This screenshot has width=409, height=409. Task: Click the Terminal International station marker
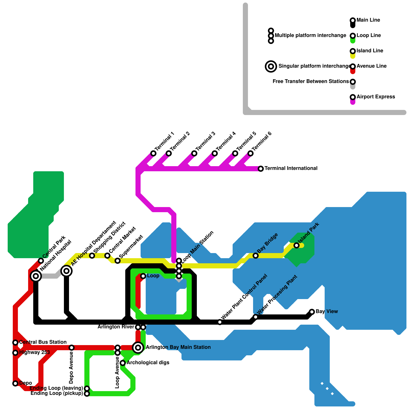[x=261, y=169]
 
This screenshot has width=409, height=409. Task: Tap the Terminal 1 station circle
[x=153, y=153]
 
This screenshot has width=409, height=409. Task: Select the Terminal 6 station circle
[x=251, y=153]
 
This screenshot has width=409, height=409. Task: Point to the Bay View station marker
[x=312, y=312]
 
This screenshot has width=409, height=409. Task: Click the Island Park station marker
[x=297, y=245]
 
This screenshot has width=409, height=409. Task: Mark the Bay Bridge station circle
[x=256, y=256]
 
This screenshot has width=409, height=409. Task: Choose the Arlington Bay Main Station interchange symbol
[x=138, y=348]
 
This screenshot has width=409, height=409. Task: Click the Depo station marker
[x=15, y=383]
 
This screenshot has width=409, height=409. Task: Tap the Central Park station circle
[x=41, y=261]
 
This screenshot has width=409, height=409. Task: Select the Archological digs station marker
[x=123, y=363]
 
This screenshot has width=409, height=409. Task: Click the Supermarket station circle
[x=118, y=261]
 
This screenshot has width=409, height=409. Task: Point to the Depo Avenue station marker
[x=72, y=348]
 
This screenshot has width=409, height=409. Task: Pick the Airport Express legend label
[x=376, y=97]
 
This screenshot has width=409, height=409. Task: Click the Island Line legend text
[x=370, y=51]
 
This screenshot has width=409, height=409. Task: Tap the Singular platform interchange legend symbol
[x=271, y=66]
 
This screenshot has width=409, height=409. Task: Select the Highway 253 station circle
[x=15, y=353]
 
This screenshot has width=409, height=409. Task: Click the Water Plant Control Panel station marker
[x=220, y=322]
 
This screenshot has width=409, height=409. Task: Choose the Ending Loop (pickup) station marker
[x=87, y=394]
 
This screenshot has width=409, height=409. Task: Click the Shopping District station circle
[x=92, y=256]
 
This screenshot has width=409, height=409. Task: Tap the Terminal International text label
[x=291, y=168]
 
